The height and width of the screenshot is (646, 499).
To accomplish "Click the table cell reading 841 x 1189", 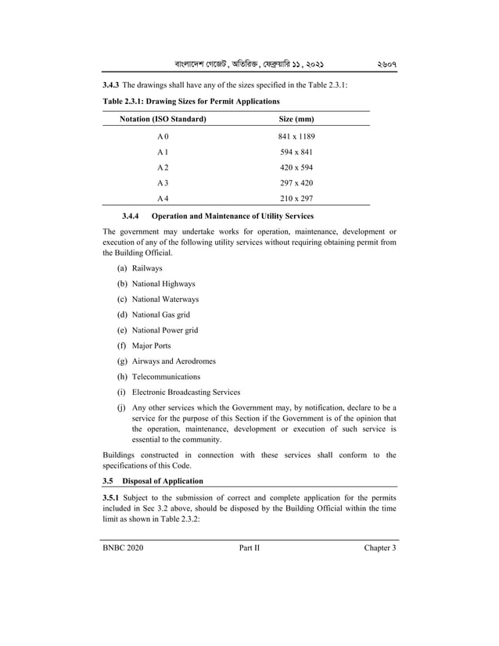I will click(296, 137).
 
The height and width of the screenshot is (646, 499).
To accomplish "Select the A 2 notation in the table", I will click(163, 168).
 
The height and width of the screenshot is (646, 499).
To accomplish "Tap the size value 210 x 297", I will click(296, 199).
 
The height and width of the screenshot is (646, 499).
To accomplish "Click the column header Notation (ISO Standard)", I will click(163, 119).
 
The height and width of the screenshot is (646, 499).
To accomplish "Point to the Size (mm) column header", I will click(296, 119).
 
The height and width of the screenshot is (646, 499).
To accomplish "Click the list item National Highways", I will click(163, 284).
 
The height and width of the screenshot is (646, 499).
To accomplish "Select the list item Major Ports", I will click(151, 346).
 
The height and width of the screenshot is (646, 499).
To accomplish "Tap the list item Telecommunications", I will click(166, 376).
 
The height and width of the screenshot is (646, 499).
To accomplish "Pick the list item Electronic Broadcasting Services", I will click(186, 392).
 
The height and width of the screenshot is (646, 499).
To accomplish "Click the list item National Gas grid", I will click(160, 314).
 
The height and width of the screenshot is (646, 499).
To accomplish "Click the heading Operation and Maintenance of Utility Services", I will click(233, 216).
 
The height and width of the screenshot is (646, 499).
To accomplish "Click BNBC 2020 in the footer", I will click(123, 547).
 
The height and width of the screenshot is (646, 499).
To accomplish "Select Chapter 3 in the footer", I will click(380, 547).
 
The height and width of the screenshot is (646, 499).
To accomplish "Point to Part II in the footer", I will click(249, 547).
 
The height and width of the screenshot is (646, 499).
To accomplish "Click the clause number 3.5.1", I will click(114, 497).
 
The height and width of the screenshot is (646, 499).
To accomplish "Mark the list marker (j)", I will click(122, 407).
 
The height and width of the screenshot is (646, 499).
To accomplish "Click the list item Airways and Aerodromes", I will click(174, 361).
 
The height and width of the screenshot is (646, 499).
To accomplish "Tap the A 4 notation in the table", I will click(163, 199).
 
